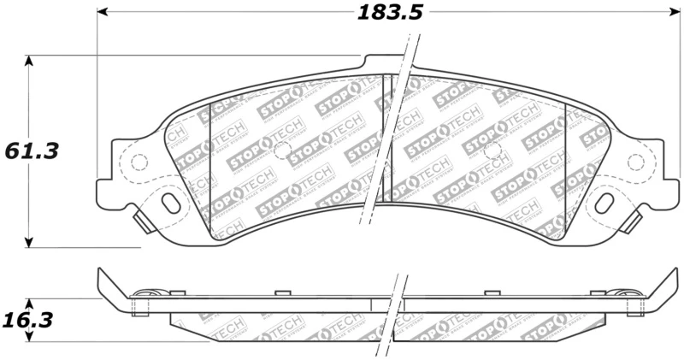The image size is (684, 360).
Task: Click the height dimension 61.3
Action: (x=32, y=150)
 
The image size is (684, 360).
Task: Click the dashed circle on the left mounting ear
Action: (x=139, y=162)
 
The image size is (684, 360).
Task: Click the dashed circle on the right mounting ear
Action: (x=634, y=162)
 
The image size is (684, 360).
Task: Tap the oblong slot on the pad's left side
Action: (x=170, y=203)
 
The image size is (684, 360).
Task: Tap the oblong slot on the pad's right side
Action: (x=604, y=203)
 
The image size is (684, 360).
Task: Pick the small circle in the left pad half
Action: (x=281, y=150)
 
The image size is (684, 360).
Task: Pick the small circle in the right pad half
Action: (x=492, y=150)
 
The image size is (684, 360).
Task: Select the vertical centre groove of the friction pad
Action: (x=386, y=137)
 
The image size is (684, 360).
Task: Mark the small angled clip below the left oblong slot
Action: (x=145, y=222)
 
